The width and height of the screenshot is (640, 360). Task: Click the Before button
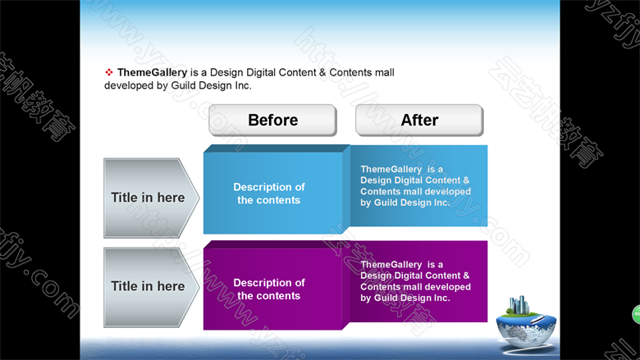click(x=272, y=120)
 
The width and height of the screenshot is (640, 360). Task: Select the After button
click(x=419, y=120)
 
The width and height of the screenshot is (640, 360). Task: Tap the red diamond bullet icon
click(x=109, y=72)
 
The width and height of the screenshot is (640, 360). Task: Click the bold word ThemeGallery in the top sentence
click(x=153, y=72)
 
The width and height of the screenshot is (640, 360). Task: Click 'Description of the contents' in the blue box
click(x=269, y=194)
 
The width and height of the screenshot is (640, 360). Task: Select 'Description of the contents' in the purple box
click(x=269, y=289)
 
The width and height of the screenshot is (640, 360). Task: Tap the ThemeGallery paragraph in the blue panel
click(x=415, y=186)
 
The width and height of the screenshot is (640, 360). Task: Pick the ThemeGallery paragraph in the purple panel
click(x=415, y=281)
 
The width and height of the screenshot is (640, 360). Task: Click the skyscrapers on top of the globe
click(x=519, y=305)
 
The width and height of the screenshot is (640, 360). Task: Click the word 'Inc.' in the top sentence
click(x=243, y=85)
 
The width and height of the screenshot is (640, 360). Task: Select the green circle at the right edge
click(x=637, y=314)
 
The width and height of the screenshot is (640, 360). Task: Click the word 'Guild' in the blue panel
click(x=386, y=203)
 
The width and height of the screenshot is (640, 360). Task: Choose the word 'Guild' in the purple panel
click(x=386, y=298)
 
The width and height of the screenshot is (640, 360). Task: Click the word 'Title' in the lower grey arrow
click(x=124, y=286)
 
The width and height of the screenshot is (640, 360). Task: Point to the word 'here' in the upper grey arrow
click(x=171, y=198)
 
